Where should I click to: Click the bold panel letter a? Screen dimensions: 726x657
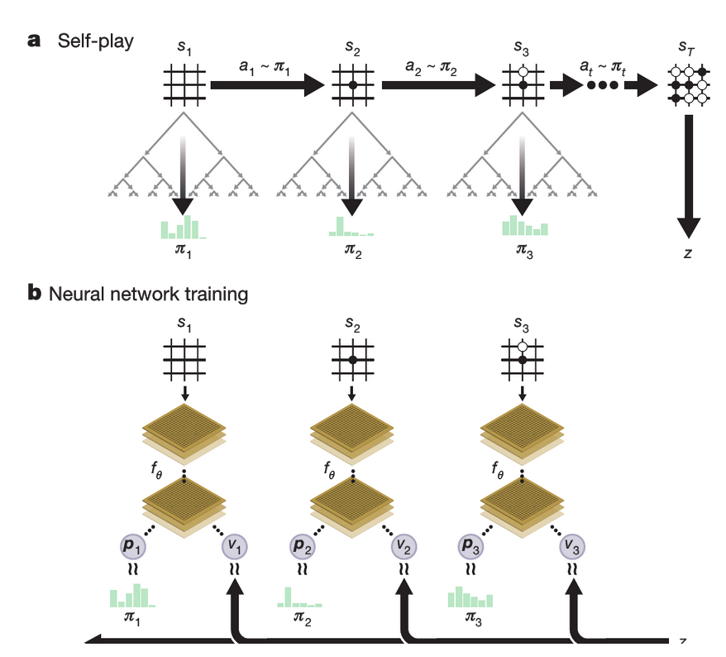point(34,41)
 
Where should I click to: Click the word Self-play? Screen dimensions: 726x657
point(95,41)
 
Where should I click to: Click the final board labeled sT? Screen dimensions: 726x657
point(689,84)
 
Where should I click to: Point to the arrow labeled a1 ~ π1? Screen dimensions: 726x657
point(268,84)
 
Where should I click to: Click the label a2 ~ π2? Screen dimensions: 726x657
point(431,67)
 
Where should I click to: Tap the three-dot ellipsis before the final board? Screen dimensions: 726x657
point(602,85)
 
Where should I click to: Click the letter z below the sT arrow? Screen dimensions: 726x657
point(688,253)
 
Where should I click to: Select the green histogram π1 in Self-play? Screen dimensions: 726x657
point(184,227)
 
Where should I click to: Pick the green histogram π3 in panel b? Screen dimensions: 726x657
point(470,597)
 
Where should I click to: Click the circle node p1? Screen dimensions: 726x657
point(133,546)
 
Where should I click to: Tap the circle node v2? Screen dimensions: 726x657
point(404,547)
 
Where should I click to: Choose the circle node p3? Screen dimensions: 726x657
point(470,546)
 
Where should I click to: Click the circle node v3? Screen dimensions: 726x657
point(572,547)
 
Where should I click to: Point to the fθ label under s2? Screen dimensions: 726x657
point(329,470)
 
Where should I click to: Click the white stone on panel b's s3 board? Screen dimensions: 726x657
point(523,347)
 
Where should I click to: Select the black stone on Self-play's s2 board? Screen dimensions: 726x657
point(353,85)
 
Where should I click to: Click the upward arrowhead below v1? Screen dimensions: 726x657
point(235,587)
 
